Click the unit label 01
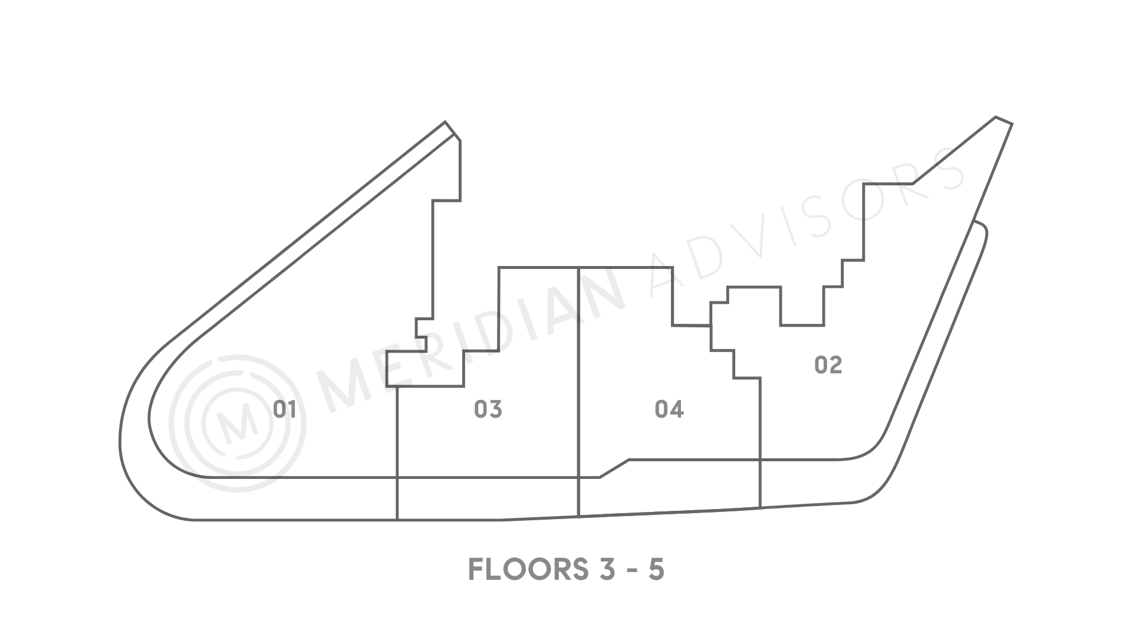(x=284, y=409)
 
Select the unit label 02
(x=828, y=365)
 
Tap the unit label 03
(x=488, y=409)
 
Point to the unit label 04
(x=669, y=409)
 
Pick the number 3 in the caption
(x=597, y=569)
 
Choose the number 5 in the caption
(x=656, y=569)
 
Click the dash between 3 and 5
(x=627, y=571)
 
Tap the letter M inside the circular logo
(x=238, y=423)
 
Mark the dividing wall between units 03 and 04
(x=578, y=392)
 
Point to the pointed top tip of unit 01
(x=446, y=122)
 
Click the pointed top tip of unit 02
(x=996, y=117)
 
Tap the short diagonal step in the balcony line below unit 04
(x=614, y=468)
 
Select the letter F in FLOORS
(x=476, y=569)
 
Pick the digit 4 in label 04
(x=677, y=409)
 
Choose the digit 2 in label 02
(x=835, y=365)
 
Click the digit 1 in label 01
(x=292, y=409)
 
